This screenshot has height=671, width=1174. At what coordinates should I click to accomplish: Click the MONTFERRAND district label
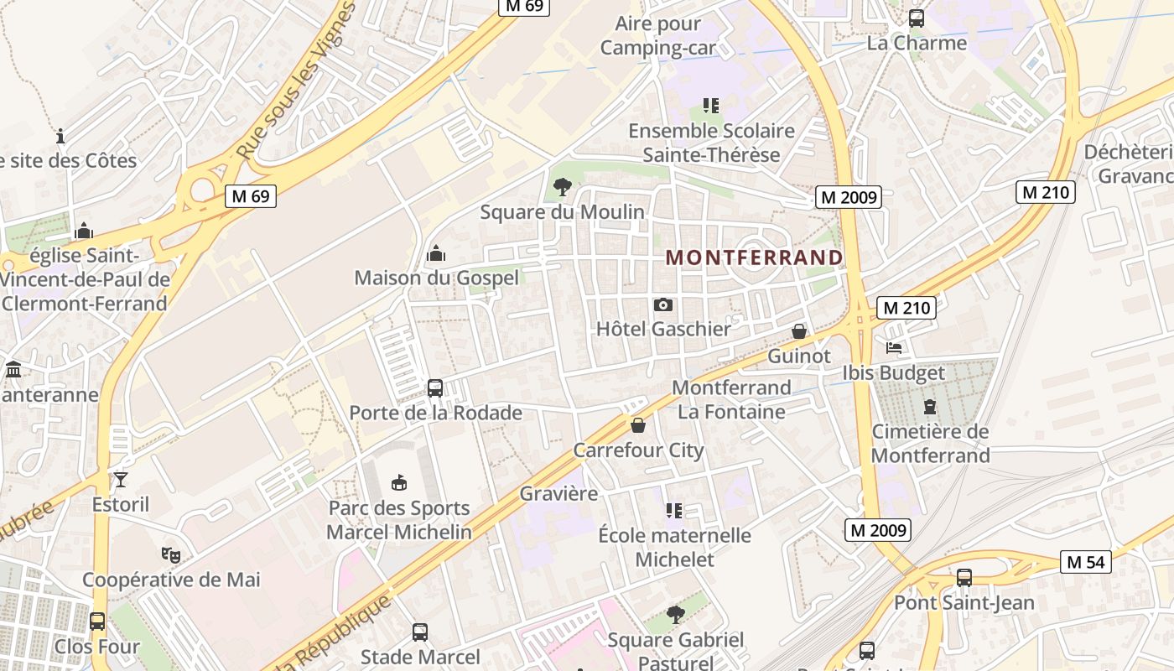[x=754, y=257]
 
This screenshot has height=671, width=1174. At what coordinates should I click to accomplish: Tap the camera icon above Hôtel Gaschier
[x=663, y=305]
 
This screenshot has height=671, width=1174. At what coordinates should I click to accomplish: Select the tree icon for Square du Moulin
[x=563, y=187]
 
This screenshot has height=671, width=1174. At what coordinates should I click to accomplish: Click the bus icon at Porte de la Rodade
[x=435, y=388]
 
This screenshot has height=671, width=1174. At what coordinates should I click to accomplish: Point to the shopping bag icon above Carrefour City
[x=638, y=426]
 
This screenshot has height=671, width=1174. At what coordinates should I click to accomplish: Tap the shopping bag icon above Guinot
[x=799, y=332]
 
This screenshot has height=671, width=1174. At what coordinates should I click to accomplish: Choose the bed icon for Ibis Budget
[x=894, y=348]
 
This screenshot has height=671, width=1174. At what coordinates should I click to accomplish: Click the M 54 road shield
[x=1085, y=562]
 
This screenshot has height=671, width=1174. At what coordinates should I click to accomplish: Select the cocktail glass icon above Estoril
[x=121, y=480]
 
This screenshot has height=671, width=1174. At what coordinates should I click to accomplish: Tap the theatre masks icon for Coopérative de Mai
[x=171, y=554]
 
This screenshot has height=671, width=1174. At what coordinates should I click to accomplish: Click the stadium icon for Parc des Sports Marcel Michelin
[x=399, y=483]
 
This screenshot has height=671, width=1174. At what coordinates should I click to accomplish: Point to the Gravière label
[x=558, y=493]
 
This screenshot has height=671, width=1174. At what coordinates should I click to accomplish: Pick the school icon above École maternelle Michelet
[x=674, y=511]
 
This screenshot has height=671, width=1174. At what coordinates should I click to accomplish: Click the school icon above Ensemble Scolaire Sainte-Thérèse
[x=711, y=106]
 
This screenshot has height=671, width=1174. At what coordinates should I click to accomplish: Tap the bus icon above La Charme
[x=917, y=18]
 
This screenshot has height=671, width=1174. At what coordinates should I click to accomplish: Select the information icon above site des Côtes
[x=60, y=136]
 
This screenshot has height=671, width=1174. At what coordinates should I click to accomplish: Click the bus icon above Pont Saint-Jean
[x=964, y=578]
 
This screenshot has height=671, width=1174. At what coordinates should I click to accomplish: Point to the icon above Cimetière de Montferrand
[x=930, y=408]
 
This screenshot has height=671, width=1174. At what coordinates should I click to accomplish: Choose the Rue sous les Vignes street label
[x=296, y=82]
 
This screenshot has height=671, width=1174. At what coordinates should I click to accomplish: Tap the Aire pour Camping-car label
[x=658, y=35]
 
